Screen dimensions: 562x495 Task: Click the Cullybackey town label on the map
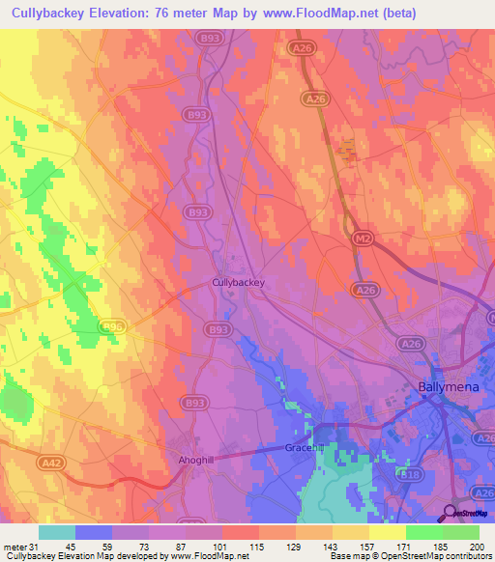(x=238, y=283)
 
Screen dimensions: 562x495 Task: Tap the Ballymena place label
(x=448, y=387)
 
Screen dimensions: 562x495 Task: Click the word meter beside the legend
(x=14, y=547)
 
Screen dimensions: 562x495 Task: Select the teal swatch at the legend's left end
(x=57, y=532)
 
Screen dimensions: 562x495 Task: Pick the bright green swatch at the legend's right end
(x=461, y=532)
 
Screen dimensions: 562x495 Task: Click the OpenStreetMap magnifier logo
(x=451, y=513)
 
